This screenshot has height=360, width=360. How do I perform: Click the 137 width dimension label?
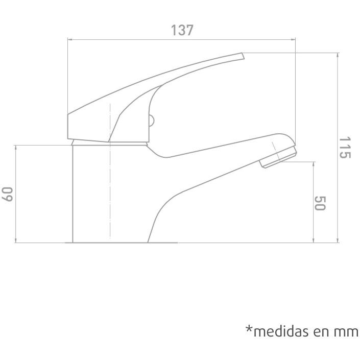pyautogui.click(x=182, y=30)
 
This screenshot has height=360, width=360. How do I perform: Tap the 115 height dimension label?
pyautogui.click(x=345, y=148)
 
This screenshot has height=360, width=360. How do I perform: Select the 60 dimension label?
pyautogui.click(x=7, y=194)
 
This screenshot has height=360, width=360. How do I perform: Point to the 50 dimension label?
pyautogui.click(x=320, y=203)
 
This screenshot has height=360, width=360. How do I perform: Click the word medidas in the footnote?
pyautogui.click(x=282, y=331)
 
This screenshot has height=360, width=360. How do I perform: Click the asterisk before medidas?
pyautogui.click(x=249, y=328)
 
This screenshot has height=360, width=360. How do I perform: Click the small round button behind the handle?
pyautogui.click(x=152, y=121)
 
